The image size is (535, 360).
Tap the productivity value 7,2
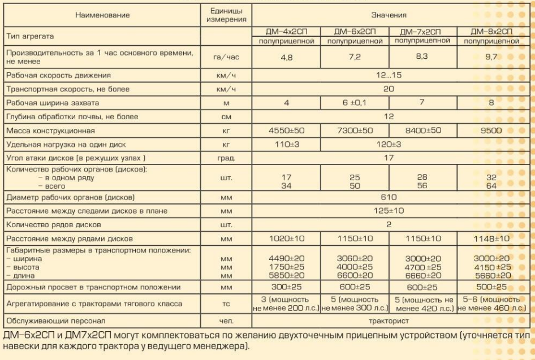(355, 57)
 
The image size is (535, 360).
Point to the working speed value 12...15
(389, 75)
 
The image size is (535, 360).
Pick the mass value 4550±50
(287, 131)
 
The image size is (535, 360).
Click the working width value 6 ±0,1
(355, 103)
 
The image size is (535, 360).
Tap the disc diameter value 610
(389, 197)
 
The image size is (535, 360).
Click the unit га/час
(226, 57)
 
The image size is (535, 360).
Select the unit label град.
(226, 158)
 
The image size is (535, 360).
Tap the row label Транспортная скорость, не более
(68, 89)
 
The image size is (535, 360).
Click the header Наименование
(102, 15)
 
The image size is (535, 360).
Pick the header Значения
(389, 15)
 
